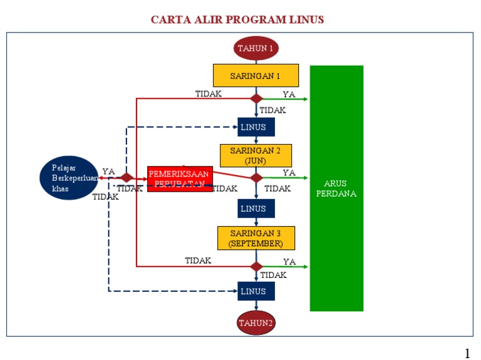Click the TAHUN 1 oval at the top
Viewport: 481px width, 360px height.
(256, 48)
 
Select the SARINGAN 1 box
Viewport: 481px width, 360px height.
(256, 76)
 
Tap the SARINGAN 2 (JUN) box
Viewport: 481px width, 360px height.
(256, 155)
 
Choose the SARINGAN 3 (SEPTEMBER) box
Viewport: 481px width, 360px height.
(256, 238)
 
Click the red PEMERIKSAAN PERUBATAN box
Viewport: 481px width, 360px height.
(179, 178)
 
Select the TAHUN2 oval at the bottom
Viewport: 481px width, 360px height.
(256, 323)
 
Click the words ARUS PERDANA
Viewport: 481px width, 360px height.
(336, 188)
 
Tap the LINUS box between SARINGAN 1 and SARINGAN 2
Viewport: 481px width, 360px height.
(256, 127)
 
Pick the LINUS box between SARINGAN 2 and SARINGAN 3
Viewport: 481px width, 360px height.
(256, 208)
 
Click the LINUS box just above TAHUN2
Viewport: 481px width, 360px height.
(256, 291)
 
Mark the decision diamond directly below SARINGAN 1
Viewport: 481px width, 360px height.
(256, 98)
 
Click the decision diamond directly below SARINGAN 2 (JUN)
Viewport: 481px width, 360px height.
(256, 178)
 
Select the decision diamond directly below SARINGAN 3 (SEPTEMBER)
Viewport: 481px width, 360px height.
(256, 266)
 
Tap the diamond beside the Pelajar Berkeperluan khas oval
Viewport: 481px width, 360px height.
(127, 178)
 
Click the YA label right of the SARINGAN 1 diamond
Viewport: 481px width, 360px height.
(289, 95)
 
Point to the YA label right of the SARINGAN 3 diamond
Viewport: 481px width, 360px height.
(289, 262)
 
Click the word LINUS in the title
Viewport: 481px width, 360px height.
(306, 19)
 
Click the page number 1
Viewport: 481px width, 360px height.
(467, 353)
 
